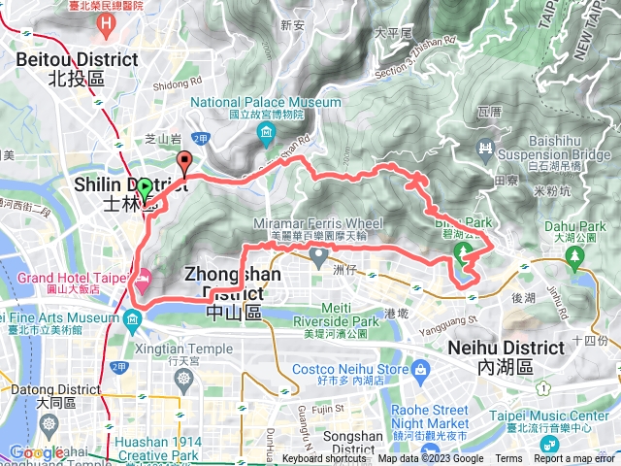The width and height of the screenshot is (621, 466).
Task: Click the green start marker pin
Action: (x=146, y=189)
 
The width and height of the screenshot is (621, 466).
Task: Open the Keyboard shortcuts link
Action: (x=324, y=459)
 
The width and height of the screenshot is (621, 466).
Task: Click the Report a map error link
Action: (x=576, y=459)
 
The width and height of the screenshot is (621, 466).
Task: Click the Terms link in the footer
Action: (x=508, y=459)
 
